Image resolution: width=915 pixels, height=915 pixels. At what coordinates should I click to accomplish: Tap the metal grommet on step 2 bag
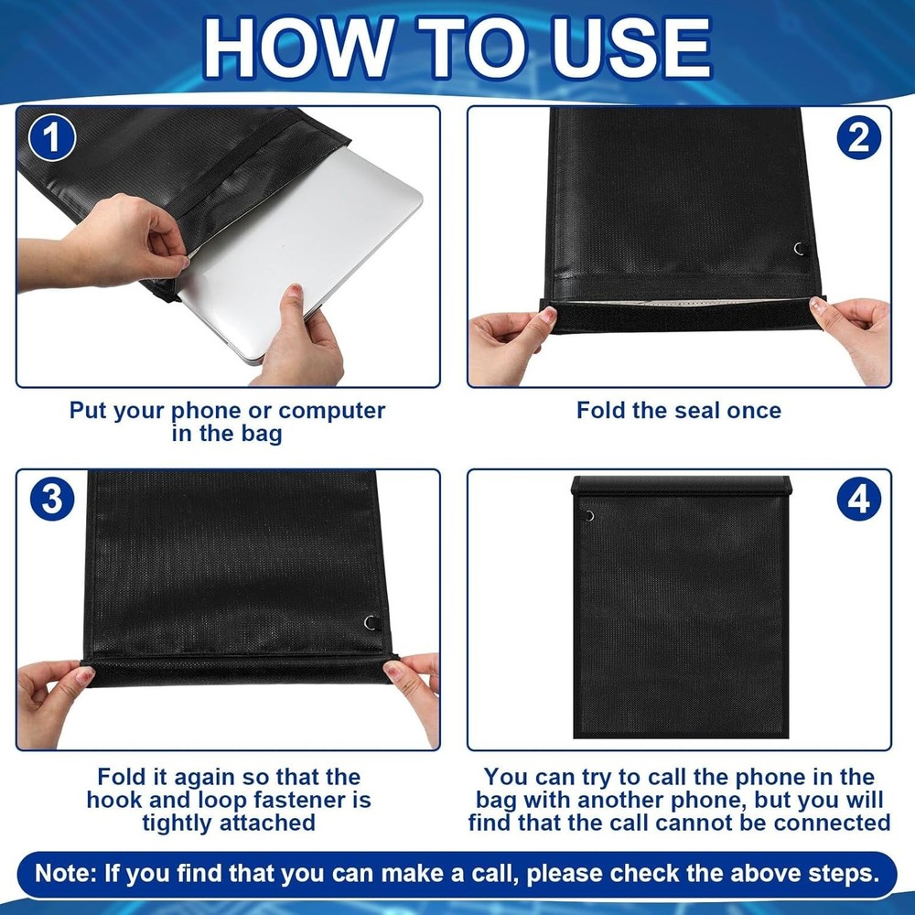(x=799, y=249)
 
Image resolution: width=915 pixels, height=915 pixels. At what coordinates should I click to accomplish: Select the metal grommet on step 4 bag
(x=587, y=516)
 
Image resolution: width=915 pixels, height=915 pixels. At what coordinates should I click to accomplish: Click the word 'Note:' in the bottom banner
(x=66, y=872)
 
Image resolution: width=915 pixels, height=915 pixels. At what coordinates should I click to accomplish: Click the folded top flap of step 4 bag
(x=681, y=486)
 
